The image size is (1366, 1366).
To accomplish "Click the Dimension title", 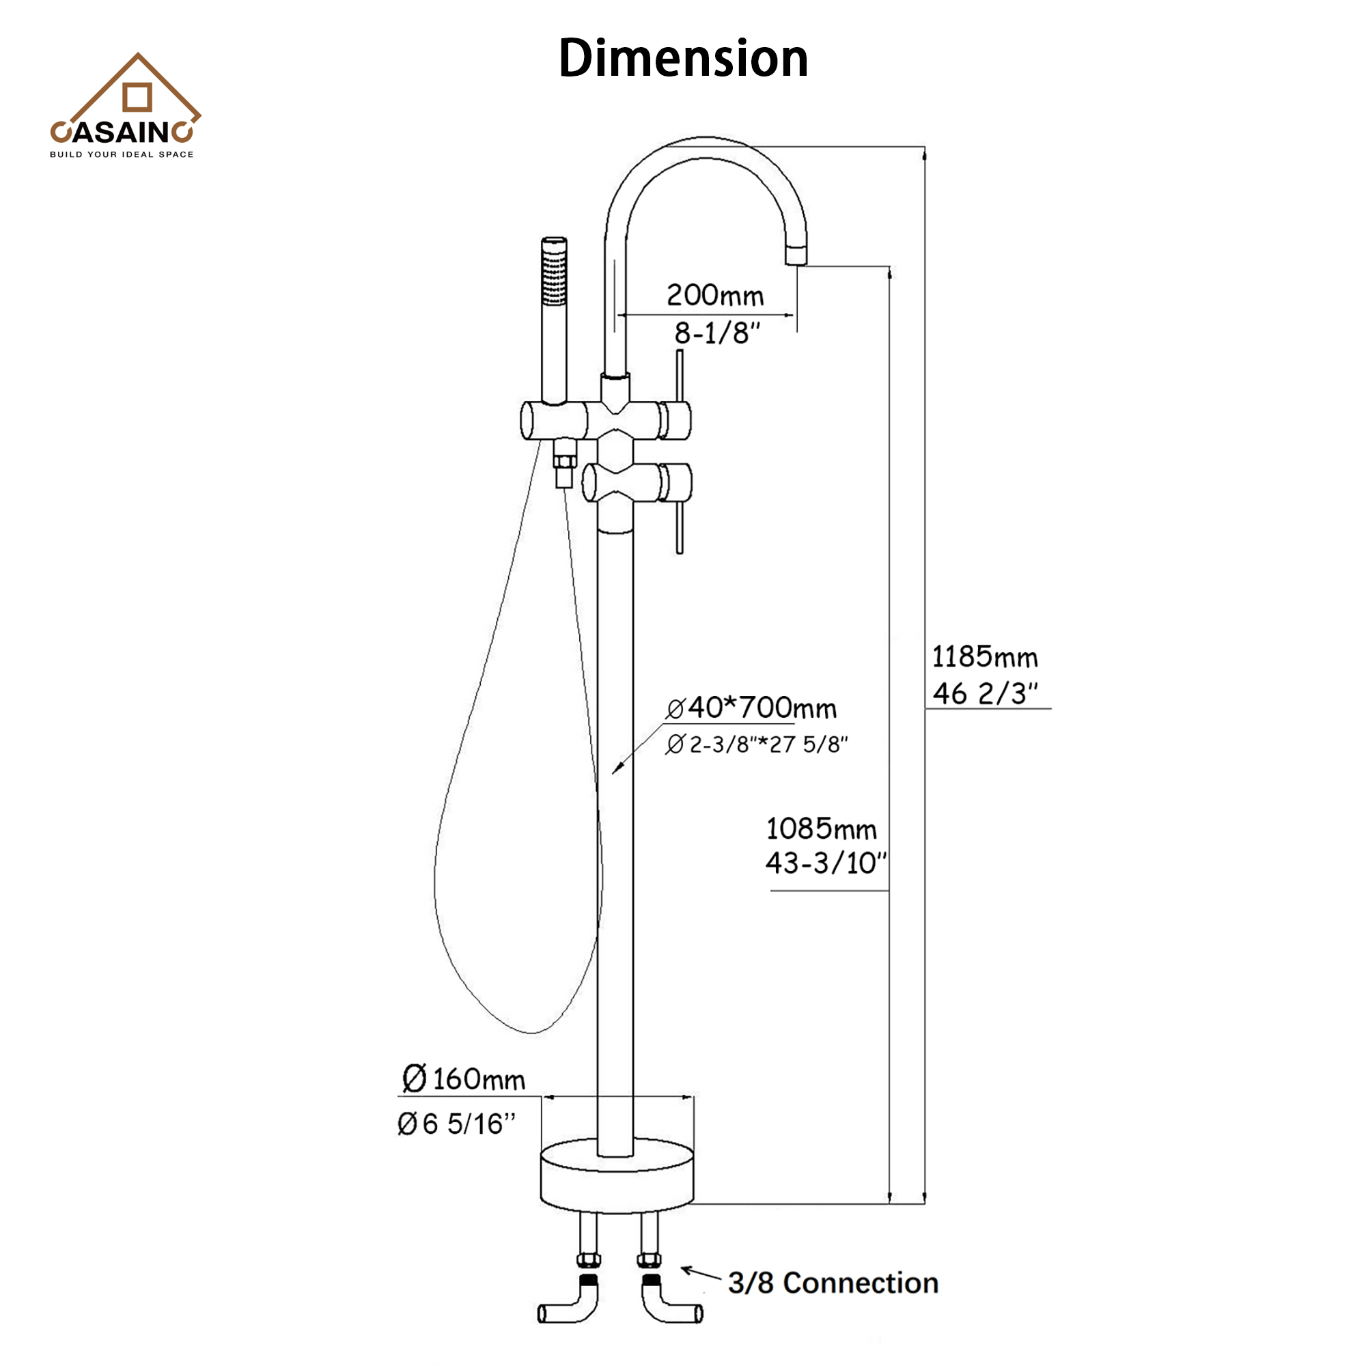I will (x=683, y=58).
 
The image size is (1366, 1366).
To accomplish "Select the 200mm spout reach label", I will (x=715, y=296).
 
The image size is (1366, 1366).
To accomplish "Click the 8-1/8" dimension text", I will (x=717, y=334).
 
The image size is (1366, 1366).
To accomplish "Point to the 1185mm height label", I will (x=984, y=658).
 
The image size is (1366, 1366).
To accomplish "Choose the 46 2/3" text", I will (x=984, y=695).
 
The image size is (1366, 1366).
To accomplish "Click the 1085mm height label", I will (x=821, y=828).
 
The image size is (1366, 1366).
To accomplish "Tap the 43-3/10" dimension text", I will (x=825, y=863).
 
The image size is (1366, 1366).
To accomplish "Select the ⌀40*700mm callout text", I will (x=751, y=708).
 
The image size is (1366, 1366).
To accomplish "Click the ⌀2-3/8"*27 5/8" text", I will (x=756, y=744).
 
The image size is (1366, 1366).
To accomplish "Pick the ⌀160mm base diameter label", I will (x=464, y=1079).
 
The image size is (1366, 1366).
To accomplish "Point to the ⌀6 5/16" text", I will (x=457, y=1124).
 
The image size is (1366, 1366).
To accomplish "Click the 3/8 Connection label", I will (x=833, y=1283).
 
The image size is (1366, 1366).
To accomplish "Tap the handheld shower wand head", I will (x=555, y=273).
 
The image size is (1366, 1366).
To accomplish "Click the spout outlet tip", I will (x=796, y=254).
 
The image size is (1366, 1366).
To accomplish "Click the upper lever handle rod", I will (x=680, y=375).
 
